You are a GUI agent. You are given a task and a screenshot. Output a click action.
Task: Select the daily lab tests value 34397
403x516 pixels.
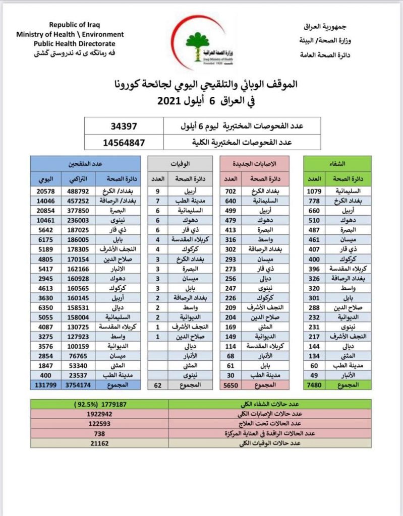pos(124,125)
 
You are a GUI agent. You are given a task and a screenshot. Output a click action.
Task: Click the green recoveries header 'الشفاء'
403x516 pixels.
pos(336,163)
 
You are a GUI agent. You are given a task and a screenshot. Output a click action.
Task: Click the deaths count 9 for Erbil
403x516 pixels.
pos(157,191)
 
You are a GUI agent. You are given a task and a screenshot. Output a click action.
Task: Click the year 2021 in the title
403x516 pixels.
pos(172,101)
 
